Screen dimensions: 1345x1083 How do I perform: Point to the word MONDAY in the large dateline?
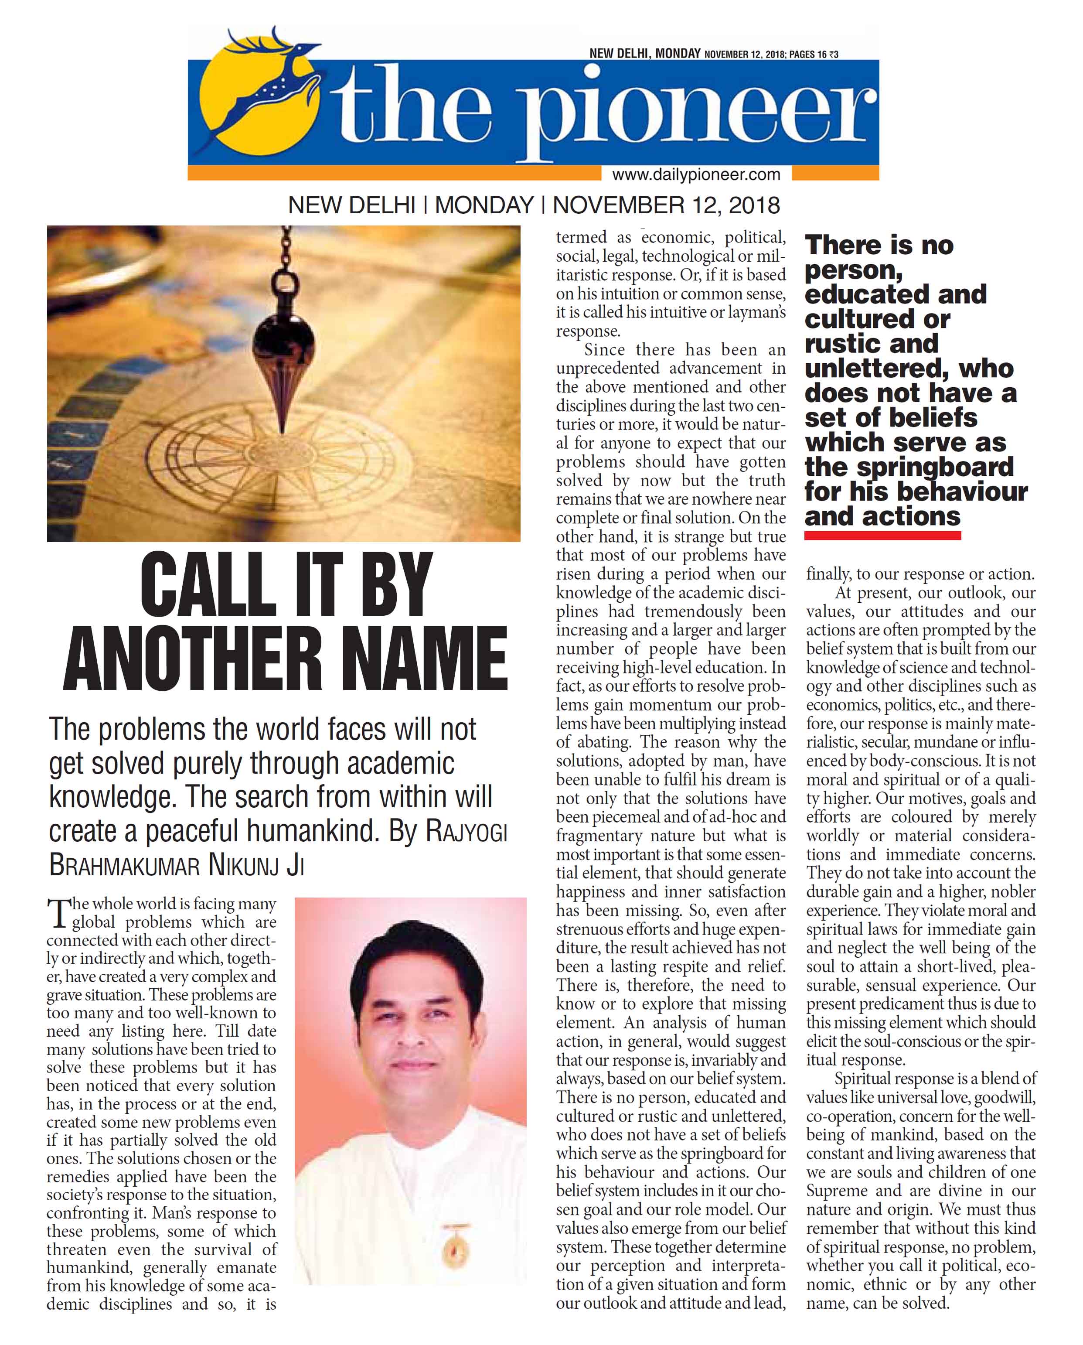484,205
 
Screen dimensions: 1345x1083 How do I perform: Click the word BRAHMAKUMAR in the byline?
124,865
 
